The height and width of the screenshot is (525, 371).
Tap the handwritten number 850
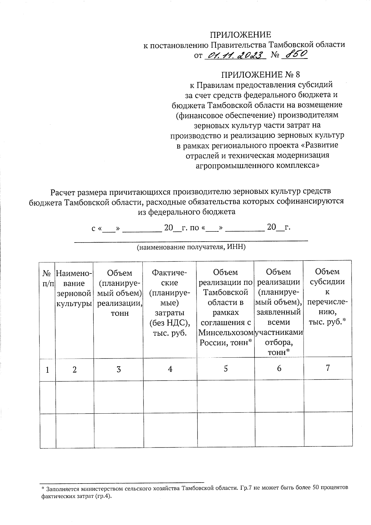click(x=296, y=54)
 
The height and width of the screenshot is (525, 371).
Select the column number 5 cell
click(x=226, y=368)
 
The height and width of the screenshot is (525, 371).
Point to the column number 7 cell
click(x=328, y=368)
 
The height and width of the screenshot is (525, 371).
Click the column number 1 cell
click(x=48, y=369)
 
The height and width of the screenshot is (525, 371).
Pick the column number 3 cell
click(x=119, y=369)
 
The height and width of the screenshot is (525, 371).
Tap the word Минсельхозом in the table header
click(x=226, y=333)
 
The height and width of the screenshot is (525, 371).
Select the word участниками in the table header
click(x=279, y=333)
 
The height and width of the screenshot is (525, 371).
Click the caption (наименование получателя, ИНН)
click(x=191, y=247)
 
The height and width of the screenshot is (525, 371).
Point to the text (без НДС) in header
click(x=169, y=323)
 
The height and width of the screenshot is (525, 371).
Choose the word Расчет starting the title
click(x=64, y=192)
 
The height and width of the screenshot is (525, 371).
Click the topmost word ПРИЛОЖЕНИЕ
click(x=241, y=35)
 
